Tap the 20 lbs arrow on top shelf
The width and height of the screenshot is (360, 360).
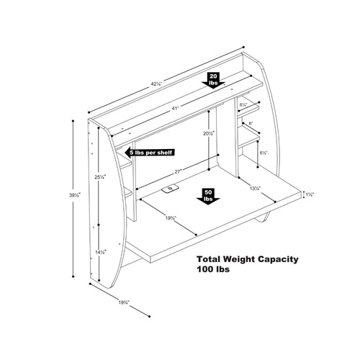tap(215, 78)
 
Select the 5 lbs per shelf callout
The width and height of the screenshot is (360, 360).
tap(149, 153)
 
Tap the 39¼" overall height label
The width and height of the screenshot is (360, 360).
tap(74, 194)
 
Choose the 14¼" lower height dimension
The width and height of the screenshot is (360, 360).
tap(101, 252)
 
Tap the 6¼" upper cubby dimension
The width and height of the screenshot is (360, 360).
tap(245, 106)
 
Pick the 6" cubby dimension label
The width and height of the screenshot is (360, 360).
tap(250, 123)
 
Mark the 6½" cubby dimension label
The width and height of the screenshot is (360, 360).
tap(264, 153)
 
